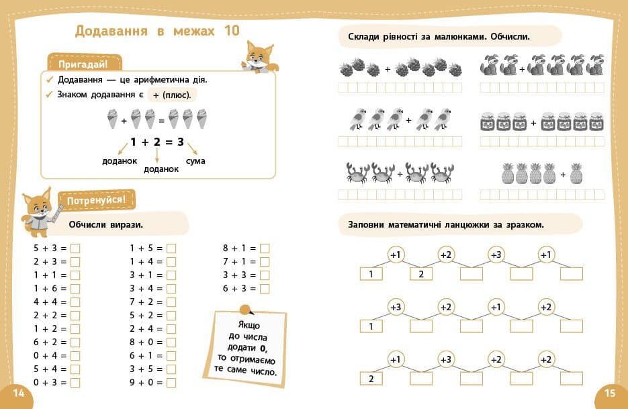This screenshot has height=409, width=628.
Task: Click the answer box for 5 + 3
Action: click(75, 248)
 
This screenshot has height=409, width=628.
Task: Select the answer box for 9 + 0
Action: click(171, 383)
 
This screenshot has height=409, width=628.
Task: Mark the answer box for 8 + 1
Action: click(265, 248)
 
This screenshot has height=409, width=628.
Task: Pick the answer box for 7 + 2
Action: click(171, 302)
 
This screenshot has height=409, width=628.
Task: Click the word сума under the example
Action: click(195, 161)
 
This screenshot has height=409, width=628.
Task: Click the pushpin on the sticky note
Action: click(246, 310)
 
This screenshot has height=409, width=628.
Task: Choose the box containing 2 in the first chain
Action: click(421, 273)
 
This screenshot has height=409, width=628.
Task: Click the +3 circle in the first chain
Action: click(496, 255)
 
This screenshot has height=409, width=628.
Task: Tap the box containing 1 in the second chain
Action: click(371, 326)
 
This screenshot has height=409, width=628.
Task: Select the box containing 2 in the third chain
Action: click(371, 378)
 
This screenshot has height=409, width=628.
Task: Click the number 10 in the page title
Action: click(231, 31)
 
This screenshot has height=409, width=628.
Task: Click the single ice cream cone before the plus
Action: click(112, 121)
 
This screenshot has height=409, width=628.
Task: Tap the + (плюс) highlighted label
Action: click(172, 95)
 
